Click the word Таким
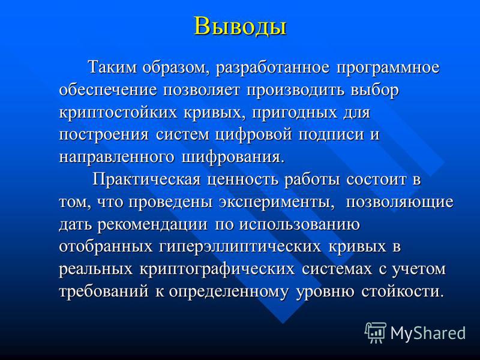tap(112, 67)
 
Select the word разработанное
tap(272, 68)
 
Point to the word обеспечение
tap(108, 91)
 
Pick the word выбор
tap(374, 90)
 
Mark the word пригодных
tap(293, 113)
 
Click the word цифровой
tap(253, 134)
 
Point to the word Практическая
tap(146, 179)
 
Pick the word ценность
tap(242, 180)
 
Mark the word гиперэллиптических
tap(241, 247)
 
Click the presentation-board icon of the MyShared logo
tap(376, 332)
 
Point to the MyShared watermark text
tap(428, 333)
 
